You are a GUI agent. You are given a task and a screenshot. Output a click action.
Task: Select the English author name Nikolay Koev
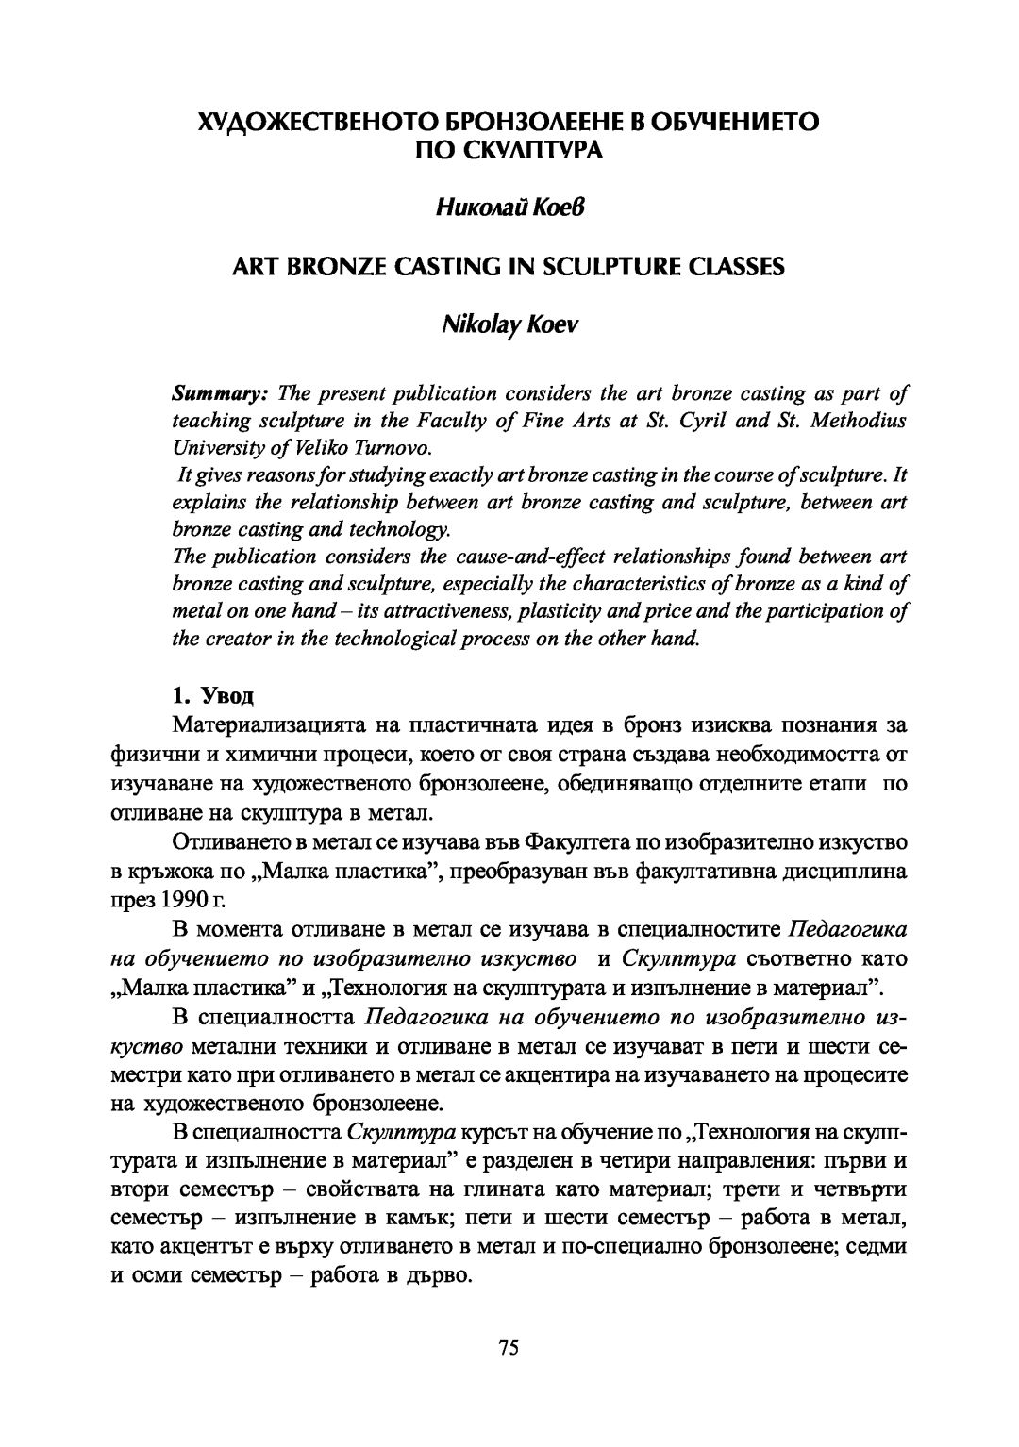[509, 325]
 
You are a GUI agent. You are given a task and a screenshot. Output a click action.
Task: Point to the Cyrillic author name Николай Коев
[509, 208]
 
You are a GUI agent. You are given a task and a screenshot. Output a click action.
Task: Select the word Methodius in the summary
[857, 421]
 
